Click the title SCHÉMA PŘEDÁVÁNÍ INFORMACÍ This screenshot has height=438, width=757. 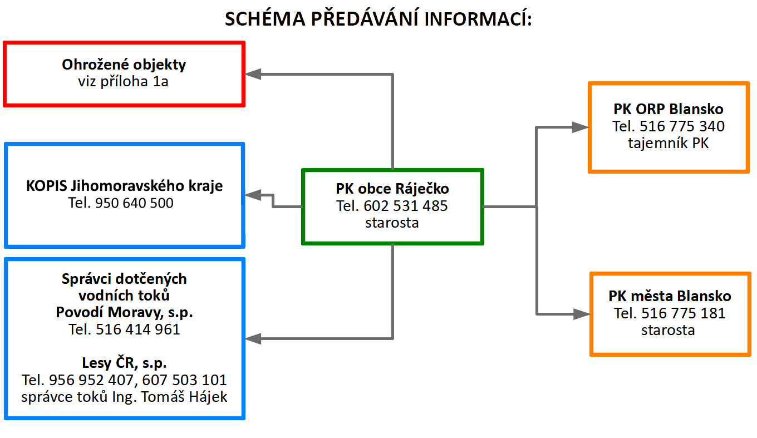[378, 18]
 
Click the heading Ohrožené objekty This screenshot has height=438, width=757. [124, 65]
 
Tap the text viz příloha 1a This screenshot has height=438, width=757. [123, 81]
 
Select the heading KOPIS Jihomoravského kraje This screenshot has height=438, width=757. [124, 186]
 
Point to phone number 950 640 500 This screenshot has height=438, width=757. [134, 203]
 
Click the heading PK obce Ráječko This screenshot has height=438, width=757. [392, 189]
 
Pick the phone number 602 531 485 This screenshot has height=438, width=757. [406, 206]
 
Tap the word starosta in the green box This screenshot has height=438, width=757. [392, 223]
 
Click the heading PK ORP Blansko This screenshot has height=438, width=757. [668, 109]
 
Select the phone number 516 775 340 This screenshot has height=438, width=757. [682, 126]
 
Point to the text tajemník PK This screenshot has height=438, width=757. [668, 143]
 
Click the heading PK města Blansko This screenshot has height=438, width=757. [670, 296]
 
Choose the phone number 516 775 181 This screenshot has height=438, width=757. [684, 313]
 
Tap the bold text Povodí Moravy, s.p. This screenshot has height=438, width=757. [124, 312]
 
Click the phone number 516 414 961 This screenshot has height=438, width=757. [138, 329]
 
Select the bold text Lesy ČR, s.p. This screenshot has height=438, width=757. [124, 363]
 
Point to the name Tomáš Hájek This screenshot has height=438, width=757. [184, 397]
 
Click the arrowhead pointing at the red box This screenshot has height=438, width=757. [253, 74]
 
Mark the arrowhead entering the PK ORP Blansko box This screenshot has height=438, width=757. [580, 127]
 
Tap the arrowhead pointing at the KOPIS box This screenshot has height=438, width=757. [253, 195]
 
